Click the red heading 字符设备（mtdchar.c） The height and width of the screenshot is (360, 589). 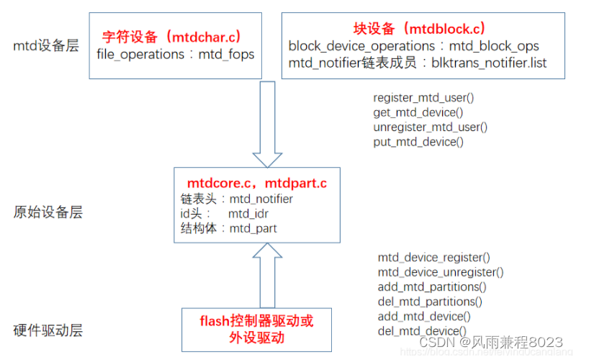(171, 35)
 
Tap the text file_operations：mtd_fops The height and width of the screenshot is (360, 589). (175, 54)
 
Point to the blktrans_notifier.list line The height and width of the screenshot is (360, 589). (417, 63)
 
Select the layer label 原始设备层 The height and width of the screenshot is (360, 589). (48, 212)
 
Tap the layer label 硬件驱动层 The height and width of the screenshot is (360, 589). (48, 330)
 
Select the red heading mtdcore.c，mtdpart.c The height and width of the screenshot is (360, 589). (257, 184)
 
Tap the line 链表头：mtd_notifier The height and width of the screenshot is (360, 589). (237, 199)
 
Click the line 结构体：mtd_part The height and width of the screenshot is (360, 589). (229, 229)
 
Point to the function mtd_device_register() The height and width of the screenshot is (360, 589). (433, 257)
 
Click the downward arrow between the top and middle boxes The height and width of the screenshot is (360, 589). (267, 122)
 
